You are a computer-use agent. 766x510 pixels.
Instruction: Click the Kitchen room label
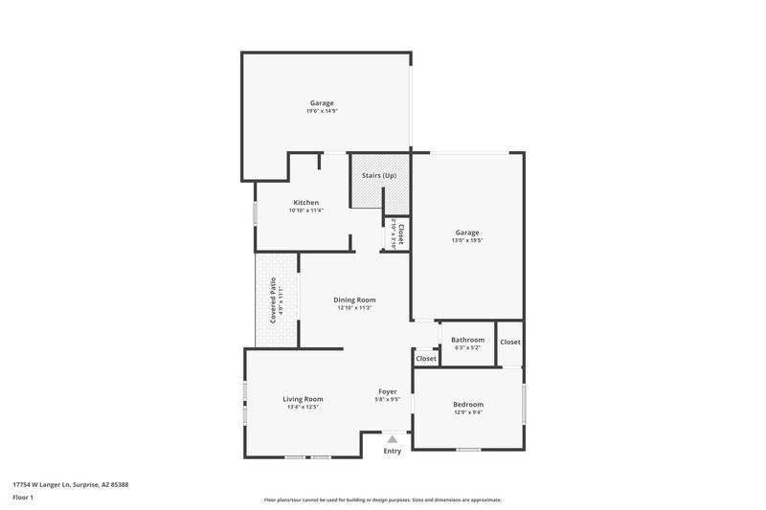click(x=306, y=203)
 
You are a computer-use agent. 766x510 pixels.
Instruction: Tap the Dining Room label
click(x=354, y=300)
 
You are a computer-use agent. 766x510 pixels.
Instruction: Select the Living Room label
click(x=303, y=399)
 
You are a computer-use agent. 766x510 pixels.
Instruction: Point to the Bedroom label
click(x=468, y=405)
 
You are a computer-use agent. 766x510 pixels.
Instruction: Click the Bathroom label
click(x=468, y=340)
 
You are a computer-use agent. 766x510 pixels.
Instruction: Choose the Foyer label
click(x=388, y=392)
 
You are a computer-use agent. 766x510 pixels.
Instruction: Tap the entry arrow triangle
click(x=392, y=439)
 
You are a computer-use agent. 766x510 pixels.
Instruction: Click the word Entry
click(x=393, y=451)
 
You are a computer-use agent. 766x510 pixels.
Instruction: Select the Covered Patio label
click(x=273, y=299)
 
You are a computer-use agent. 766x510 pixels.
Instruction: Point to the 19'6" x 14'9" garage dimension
click(x=322, y=111)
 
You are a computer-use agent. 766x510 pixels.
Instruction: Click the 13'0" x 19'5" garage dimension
click(x=467, y=240)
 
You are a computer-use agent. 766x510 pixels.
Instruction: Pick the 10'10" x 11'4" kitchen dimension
click(x=306, y=211)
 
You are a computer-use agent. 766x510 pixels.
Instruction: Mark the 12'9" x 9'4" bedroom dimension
click(x=468, y=412)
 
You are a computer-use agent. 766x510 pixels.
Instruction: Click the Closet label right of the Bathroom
click(x=510, y=342)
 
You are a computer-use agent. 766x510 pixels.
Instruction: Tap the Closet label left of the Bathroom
click(x=426, y=359)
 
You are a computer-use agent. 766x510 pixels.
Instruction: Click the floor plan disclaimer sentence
click(x=383, y=499)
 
